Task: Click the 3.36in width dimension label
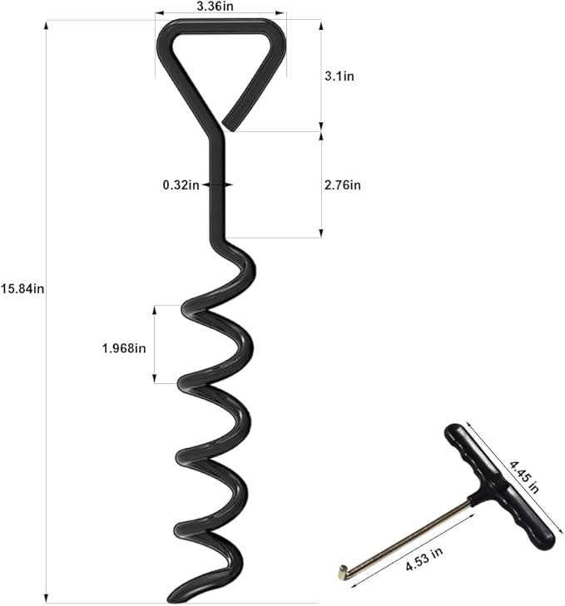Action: click(215, 6)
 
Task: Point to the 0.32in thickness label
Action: click(181, 185)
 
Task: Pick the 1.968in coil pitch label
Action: click(123, 348)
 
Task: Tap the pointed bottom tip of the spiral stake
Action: click(174, 597)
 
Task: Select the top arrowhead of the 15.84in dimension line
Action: click(46, 24)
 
